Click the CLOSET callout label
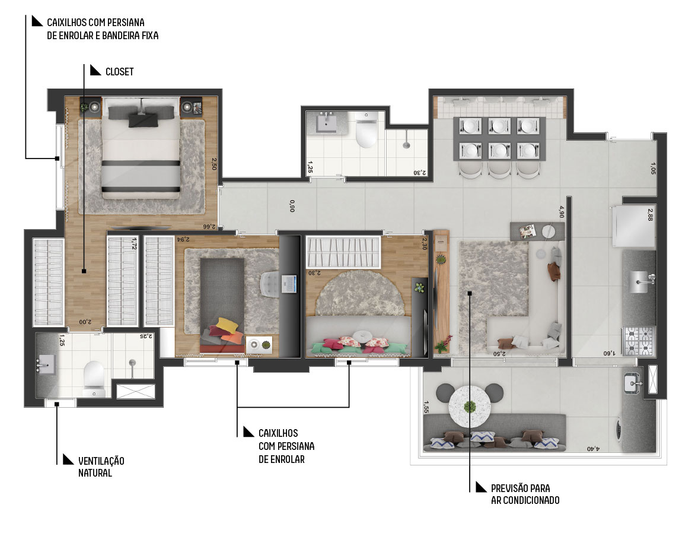(x=119, y=71)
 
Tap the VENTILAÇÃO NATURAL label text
(x=101, y=467)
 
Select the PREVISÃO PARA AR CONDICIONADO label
(x=525, y=494)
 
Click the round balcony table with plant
(x=470, y=406)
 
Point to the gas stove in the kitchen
(x=639, y=341)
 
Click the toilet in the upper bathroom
(x=366, y=131)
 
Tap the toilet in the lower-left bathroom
(x=94, y=379)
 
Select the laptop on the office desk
(x=288, y=284)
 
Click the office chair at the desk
(x=269, y=284)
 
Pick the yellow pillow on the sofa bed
(x=226, y=325)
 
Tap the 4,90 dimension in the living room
(x=562, y=212)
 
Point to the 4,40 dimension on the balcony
(x=593, y=449)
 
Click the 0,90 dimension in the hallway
(x=292, y=206)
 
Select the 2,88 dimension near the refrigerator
(x=651, y=215)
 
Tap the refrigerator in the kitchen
(x=634, y=227)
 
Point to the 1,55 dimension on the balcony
(x=426, y=407)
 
